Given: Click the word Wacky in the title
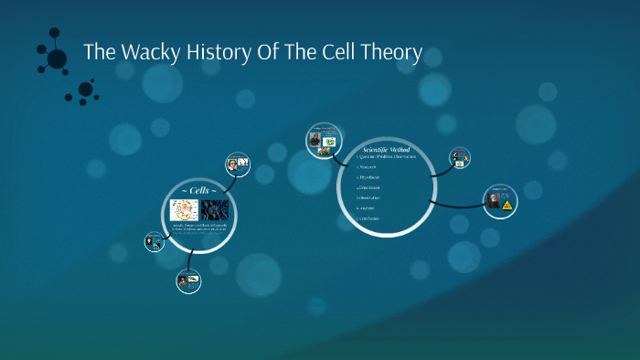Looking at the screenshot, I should [145, 53].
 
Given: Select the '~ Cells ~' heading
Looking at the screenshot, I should [198, 188].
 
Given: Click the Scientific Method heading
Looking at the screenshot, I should [386, 149].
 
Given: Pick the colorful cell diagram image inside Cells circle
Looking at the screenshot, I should [185, 210].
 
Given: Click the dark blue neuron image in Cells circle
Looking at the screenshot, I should [215, 210].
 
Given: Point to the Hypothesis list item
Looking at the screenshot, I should [371, 177].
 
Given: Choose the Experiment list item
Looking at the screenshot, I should [371, 187].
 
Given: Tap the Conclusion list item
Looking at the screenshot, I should [370, 218].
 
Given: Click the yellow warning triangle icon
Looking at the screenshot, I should [507, 206].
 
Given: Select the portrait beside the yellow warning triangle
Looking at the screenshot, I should [495, 202].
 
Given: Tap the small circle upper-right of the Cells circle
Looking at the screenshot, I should [238, 165].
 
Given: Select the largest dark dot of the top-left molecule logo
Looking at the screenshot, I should [57, 59].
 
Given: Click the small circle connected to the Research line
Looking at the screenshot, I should [460, 158].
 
